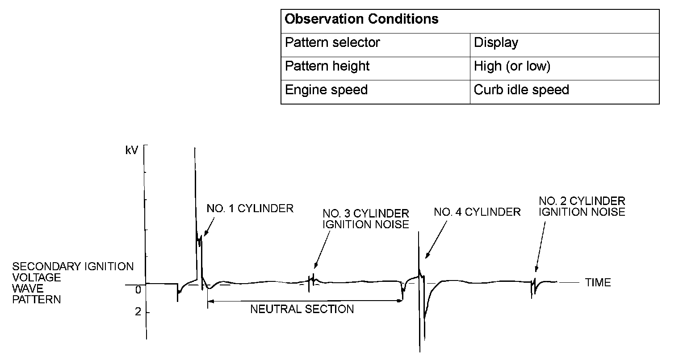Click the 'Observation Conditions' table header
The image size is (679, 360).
[x=361, y=20]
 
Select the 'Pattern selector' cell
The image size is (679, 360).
[x=332, y=43]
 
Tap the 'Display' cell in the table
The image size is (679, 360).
[x=496, y=43]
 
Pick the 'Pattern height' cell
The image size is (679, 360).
[x=327, y=67]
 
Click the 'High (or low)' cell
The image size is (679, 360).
[x=512, y=67]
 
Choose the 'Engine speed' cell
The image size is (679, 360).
[x=326, y=90]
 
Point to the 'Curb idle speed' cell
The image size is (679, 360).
[x=521, y=90]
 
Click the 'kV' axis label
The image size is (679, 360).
[x=132, y=151]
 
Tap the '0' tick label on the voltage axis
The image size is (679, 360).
[x=138, y=289]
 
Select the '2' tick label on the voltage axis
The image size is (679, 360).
[x=138, y=311]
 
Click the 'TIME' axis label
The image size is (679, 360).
[x=598, y=283]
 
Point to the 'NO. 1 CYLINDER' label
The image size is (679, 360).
[x=250, y=209]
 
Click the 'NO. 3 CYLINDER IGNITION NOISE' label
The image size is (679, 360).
[x=365, y=219]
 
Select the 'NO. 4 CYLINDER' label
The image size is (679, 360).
[x=477, y=212]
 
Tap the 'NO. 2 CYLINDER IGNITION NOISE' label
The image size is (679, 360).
[x=582, y=206]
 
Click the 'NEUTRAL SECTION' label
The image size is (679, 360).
[x=302, y=309]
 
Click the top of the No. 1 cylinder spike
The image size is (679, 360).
[x=195, y=148]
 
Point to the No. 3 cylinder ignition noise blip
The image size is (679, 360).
[x=312, y=281]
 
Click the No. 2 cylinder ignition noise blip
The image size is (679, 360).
[x=533, y=284]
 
